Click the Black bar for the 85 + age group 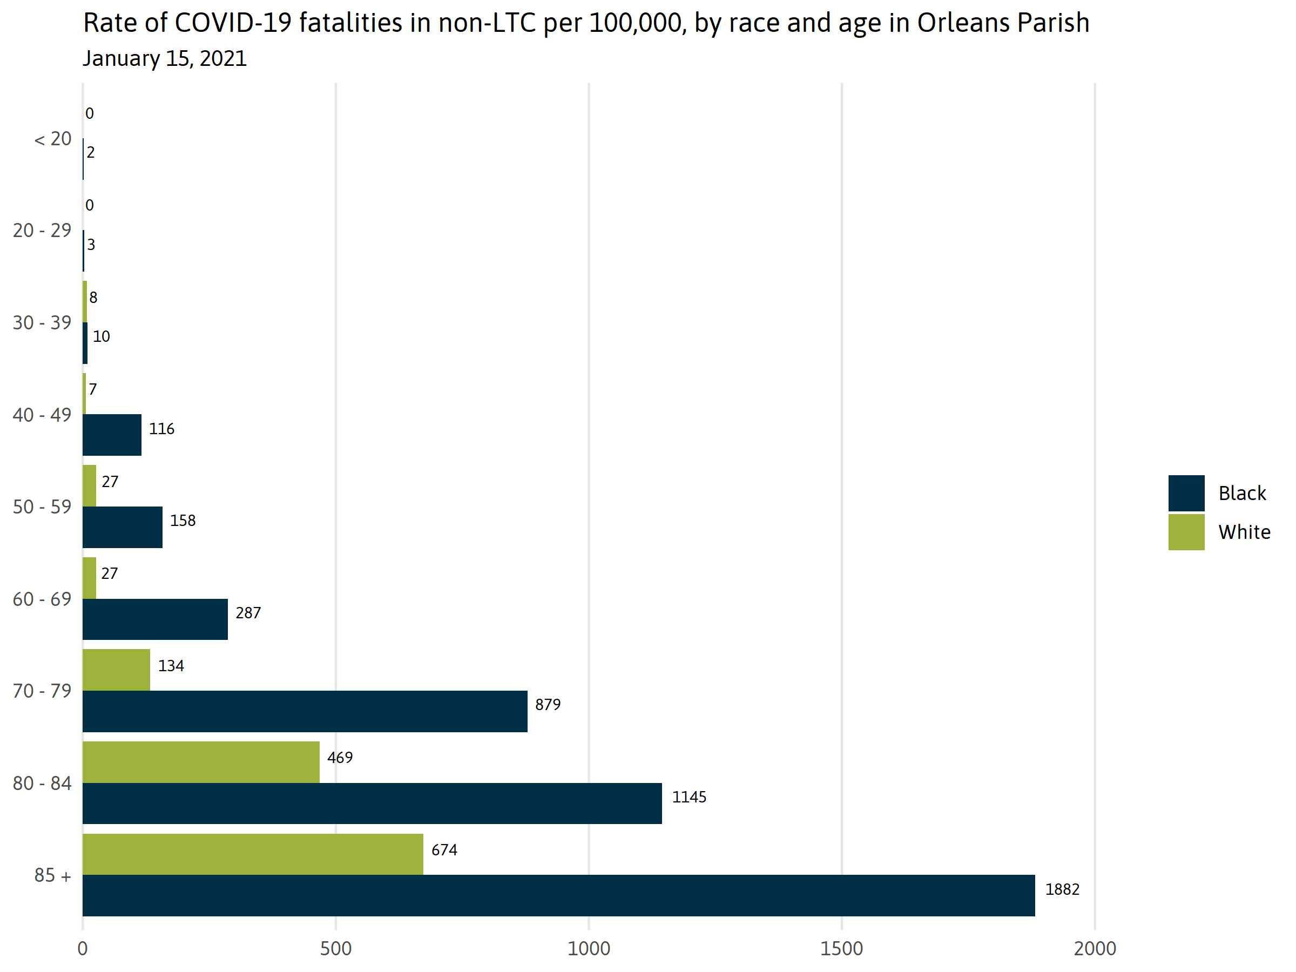[x=558, y=895]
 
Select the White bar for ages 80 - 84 [x=201, y=761]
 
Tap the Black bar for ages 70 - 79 [x=305, y=711]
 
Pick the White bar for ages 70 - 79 [x=116, y=670]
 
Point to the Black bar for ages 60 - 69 [x=156, y=619]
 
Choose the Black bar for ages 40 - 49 [x=112, y=435]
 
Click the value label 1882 [x=1062, y=889]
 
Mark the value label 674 [x=444, y=849]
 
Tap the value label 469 [x=340, y=758]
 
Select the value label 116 [x=161, y=429]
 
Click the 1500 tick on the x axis [x=841, y=949]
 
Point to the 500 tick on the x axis [x=336, y=949]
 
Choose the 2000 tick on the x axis [x=1095, y=949]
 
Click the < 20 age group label [x=53, y=139]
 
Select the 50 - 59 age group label [x=42, y=507]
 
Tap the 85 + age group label [x=53, y=875]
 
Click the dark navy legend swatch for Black [x=1186, y=494]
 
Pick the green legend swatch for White [x=1186, y=532]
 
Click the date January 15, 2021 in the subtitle [x=165, y=58]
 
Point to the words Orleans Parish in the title [x=1003, y=23]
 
